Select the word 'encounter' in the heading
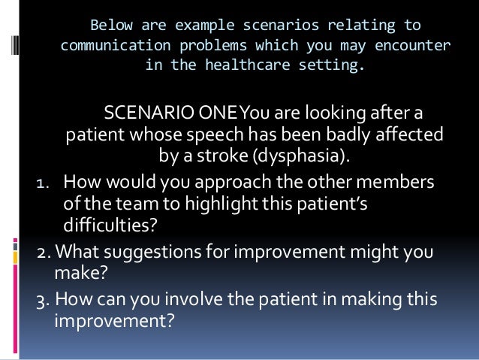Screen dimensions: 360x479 [x=414, y=46]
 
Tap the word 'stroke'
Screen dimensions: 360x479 [x=224, y=158]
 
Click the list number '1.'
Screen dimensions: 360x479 [x=44, y=184]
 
